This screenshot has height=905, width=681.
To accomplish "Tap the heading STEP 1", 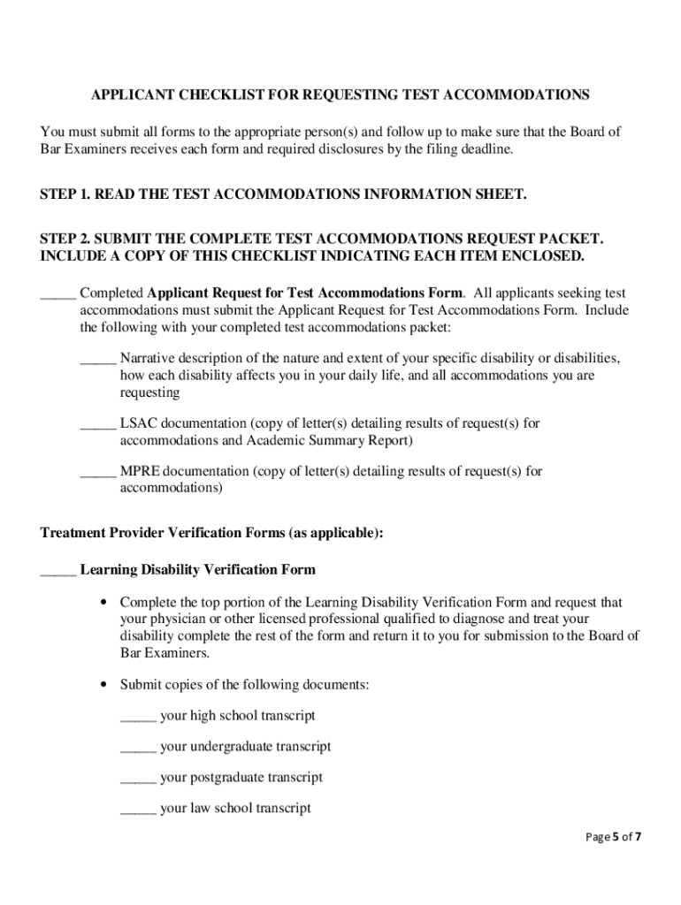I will tap(65, 194).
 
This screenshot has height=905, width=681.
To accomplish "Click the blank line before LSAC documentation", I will tap(98, 424).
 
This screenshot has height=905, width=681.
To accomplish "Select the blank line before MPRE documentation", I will tap(98, 472).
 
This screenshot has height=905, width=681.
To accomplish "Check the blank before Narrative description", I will tap(98, 360).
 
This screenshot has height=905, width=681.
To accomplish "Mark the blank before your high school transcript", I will tap(138, 716).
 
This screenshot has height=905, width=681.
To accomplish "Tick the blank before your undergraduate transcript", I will tap(138, 747).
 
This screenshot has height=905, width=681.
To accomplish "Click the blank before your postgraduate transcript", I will tap(138, 778).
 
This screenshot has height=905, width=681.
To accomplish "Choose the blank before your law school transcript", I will tap(138, 809).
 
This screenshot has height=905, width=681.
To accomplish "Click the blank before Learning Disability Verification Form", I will tap(58, 570).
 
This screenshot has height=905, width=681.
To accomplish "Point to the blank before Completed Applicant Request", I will tap(58, 293).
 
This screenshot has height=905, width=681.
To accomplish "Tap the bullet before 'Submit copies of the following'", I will tap(104, 684).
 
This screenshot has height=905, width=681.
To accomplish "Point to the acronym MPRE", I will tap(140, 471).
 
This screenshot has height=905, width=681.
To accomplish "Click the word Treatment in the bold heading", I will tap(75, 533).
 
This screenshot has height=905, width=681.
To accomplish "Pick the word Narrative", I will tap(147, 359).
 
